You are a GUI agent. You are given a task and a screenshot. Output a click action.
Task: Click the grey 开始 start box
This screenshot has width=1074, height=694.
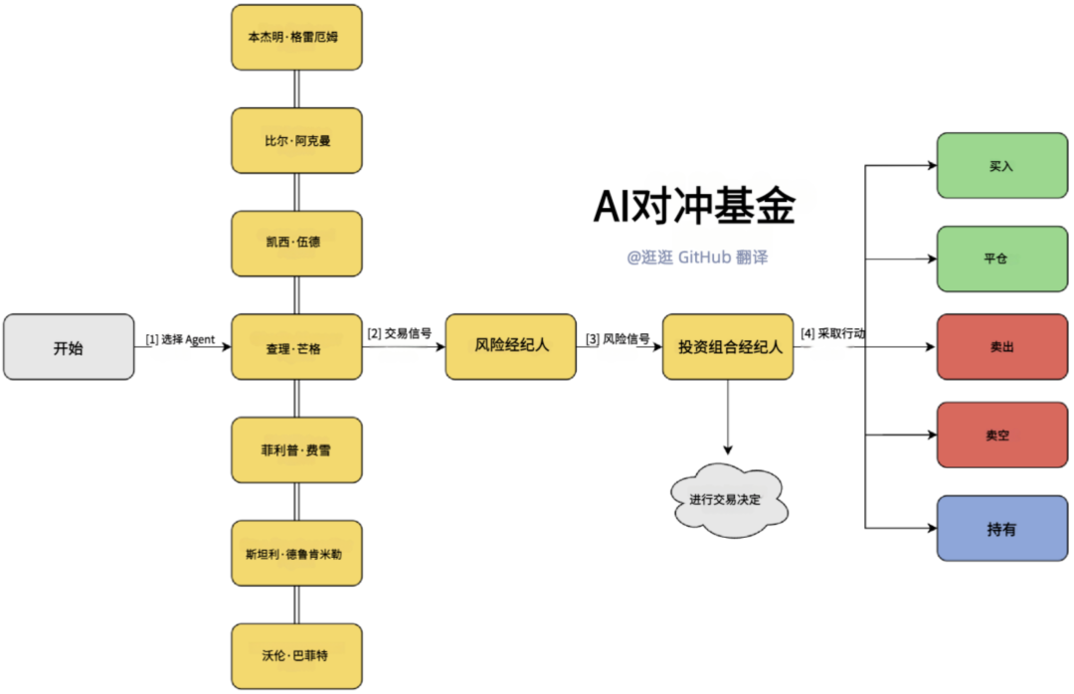tap(69, 347)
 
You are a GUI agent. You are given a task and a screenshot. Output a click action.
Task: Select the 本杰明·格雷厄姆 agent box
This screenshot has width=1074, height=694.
tap(296, 37)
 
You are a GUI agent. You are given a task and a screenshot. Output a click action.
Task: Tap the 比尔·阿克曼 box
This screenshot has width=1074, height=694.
tap(296, 140)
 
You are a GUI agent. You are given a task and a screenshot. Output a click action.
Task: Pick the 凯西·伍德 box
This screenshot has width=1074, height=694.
tap(296, 243)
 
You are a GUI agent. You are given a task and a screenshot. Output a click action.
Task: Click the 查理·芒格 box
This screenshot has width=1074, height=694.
tap(296, 347)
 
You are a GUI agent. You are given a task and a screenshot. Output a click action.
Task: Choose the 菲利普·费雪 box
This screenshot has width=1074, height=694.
tap(296, 449)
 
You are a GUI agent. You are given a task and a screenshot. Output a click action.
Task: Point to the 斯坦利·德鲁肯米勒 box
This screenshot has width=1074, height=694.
tap(296, 553)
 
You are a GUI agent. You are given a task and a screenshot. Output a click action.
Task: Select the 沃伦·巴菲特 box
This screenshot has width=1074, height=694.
tap(296, 656)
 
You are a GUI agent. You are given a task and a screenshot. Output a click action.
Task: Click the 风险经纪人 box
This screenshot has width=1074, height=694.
tap(510, 346)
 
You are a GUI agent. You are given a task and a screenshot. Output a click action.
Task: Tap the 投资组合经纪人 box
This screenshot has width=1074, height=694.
tap(728, 346)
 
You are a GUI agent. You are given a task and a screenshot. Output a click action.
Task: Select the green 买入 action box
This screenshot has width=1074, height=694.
tap(1000, 166)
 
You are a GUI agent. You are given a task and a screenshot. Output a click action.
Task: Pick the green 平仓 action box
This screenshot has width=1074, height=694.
tap(1000, 258)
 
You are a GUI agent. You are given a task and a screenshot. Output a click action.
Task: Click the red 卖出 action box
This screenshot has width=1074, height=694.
tap(1000, 347)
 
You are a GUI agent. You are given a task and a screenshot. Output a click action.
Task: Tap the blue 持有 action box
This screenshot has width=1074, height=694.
tap(1000, 529)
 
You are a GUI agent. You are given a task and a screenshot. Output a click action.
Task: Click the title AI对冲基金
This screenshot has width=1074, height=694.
tap(694, 207)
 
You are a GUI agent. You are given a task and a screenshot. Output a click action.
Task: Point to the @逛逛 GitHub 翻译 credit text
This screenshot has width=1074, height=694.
tap(697, 257)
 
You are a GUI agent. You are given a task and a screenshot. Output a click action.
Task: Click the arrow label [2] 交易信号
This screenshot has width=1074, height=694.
tap(399, 334)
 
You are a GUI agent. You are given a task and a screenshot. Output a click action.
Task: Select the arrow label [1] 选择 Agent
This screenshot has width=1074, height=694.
tap(180, 340)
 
